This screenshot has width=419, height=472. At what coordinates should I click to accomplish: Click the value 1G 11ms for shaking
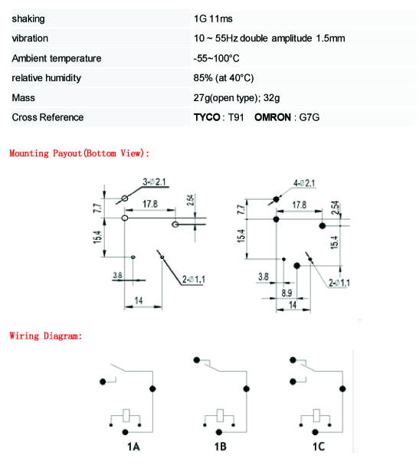(x=213, y=18)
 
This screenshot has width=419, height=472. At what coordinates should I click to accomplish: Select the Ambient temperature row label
(x=57, y=58)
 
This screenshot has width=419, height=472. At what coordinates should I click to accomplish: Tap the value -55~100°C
(x=217, y=58)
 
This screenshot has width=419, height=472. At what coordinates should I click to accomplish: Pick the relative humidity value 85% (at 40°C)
(x=224, y=78)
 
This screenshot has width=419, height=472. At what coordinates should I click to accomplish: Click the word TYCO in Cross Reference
(x=207, y=117)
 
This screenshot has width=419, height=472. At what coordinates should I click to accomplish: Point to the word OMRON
(x=273, y=117)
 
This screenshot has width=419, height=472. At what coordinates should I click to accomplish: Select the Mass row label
(x=23, y=98)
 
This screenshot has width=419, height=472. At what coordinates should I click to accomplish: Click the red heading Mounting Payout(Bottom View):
(x=80, y=153)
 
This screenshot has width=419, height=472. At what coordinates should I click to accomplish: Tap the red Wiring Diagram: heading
(x=46, y=336)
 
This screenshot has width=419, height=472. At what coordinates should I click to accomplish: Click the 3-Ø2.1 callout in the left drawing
(x=154, y=182)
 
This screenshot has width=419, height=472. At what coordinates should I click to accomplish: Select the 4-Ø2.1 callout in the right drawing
(x=304, y=183)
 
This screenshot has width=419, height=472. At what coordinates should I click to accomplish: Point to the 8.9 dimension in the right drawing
(x=286, y=293)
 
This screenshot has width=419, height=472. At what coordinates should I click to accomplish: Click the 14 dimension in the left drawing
(x=139, y=300)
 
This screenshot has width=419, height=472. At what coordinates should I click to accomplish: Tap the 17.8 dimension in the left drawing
(x=150, y=204)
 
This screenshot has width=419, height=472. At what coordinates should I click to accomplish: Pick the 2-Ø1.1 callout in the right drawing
(x=339, y=283)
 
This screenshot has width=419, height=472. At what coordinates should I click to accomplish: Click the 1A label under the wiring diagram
(x=133, y=447)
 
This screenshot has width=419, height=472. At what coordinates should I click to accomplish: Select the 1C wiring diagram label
(x=319, y=447)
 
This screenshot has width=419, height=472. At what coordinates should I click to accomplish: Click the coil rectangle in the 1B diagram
(x=221, y=415)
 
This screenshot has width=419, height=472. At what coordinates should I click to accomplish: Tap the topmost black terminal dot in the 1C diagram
(x=293, y=359)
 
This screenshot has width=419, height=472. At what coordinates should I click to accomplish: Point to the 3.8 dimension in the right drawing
(x=264, y=277)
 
